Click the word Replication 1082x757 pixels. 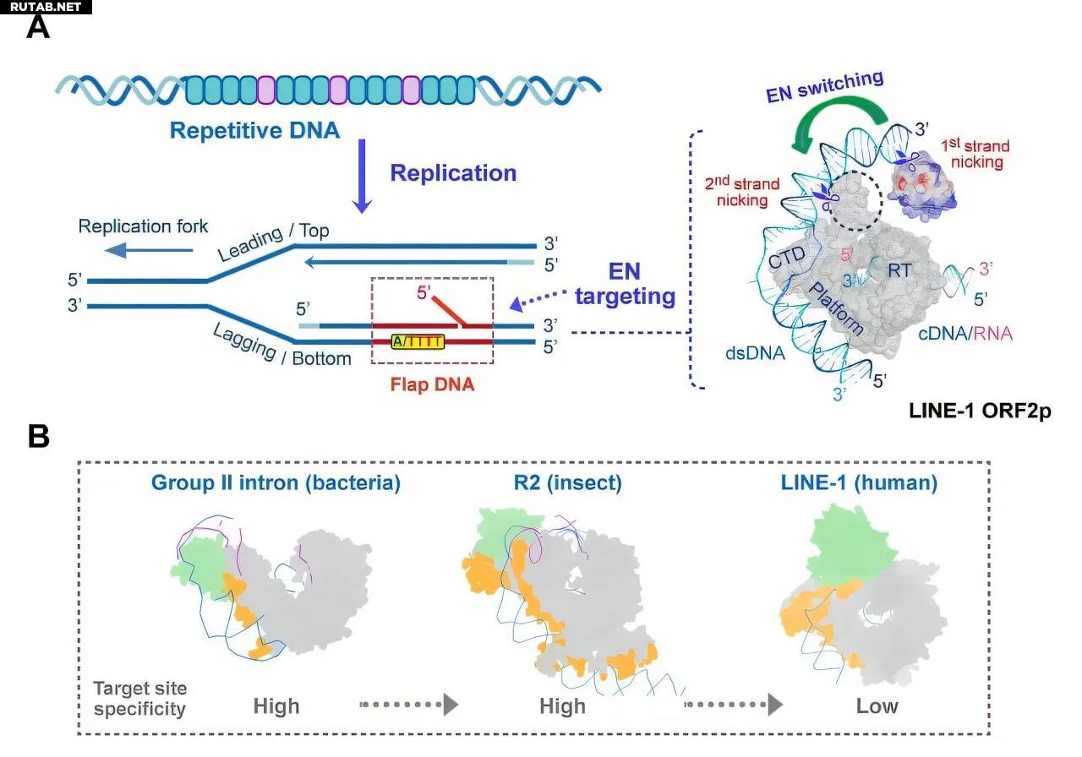point(453,173)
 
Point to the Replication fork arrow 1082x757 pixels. point(157,249)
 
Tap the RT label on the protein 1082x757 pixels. point(898,270)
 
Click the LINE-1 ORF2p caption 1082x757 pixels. point(971,413)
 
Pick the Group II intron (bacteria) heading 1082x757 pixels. point(276,483)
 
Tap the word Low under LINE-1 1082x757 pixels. point(877,705)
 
